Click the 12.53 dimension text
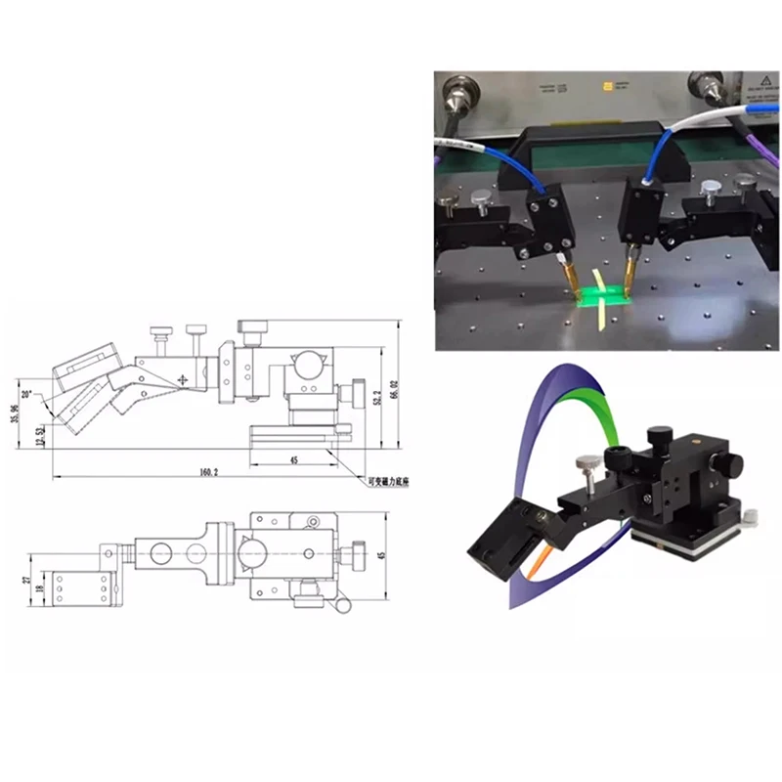[39, 433]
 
